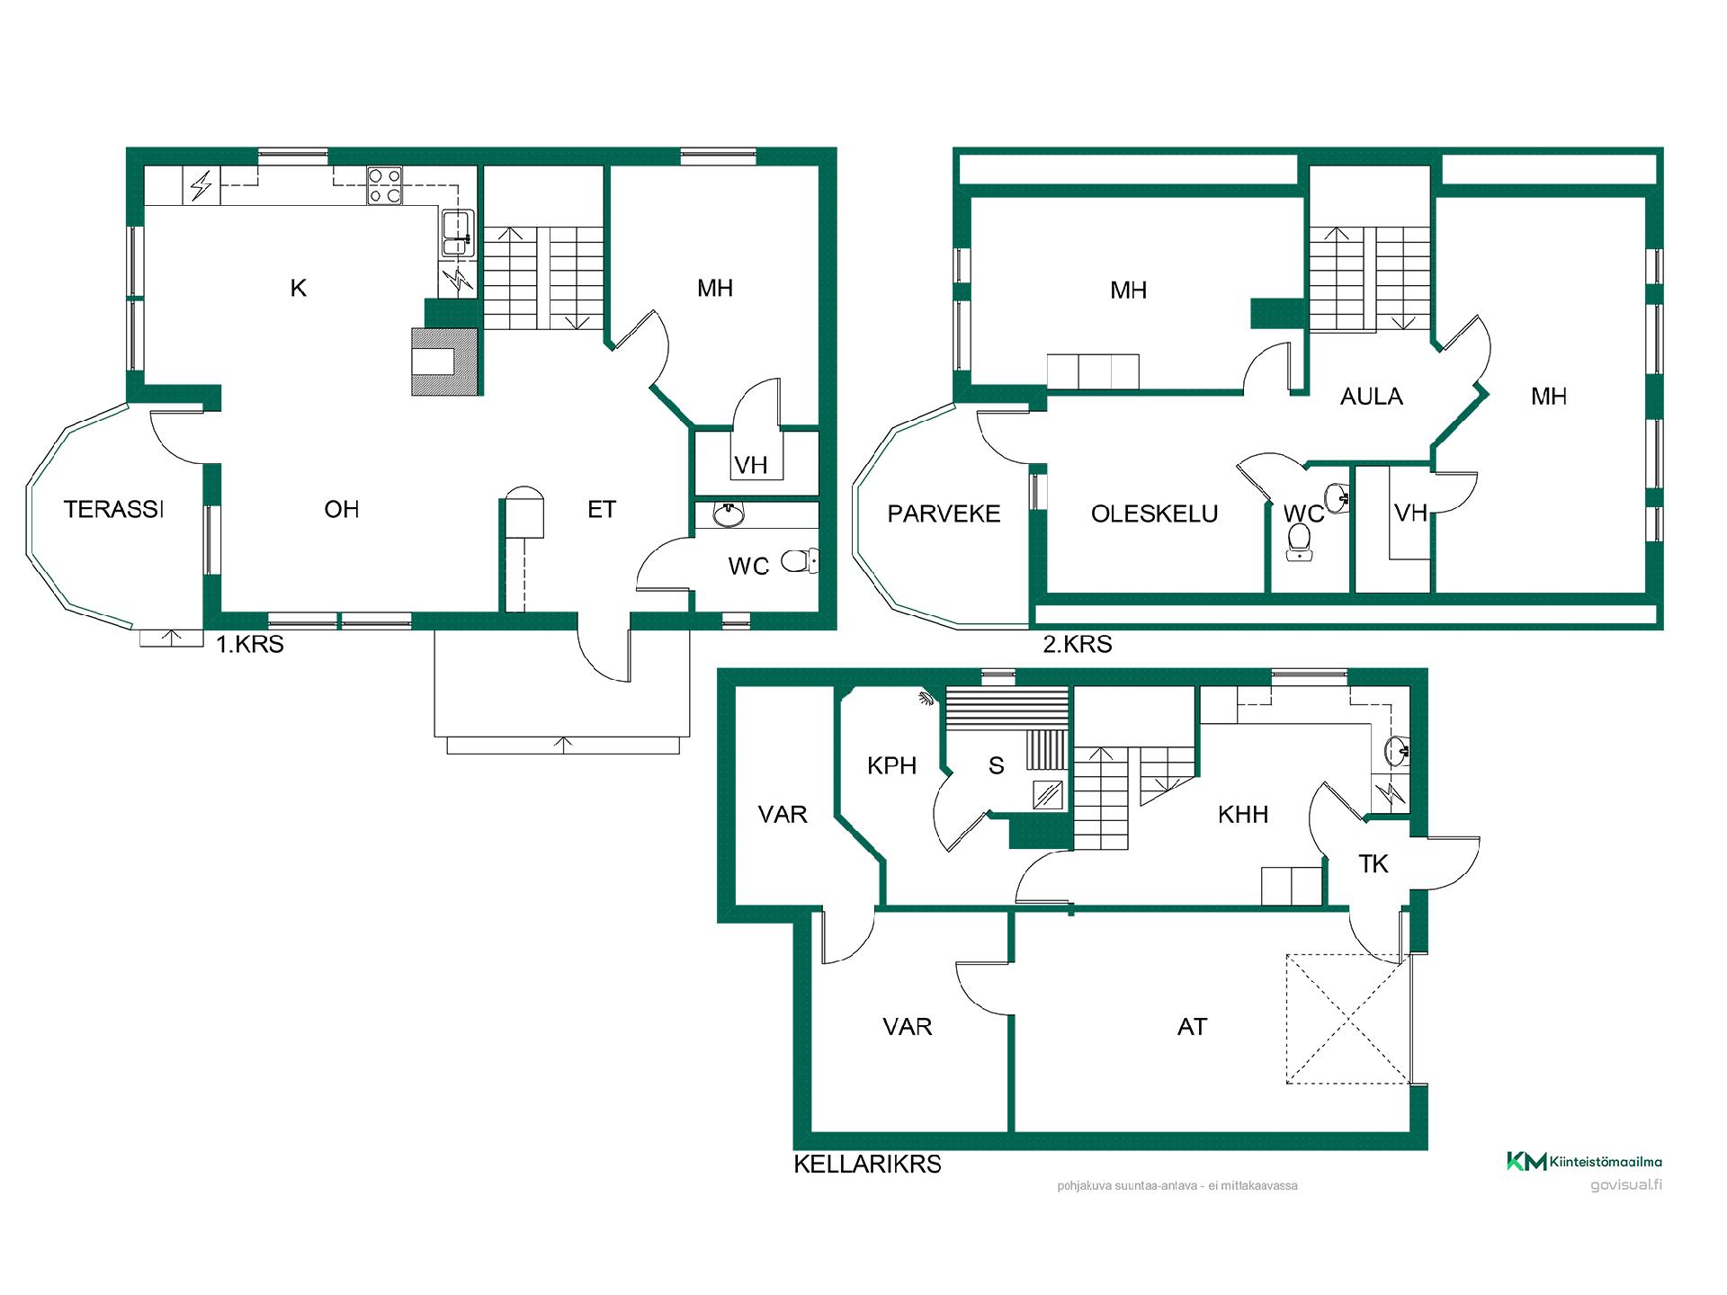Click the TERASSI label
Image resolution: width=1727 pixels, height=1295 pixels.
click(x=114, y=510)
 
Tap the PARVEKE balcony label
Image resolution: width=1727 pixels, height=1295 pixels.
click(x=944, y=514)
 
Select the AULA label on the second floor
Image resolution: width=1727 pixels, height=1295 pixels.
click(x=1371, y=397)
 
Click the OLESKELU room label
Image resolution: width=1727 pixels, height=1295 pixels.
click(x=1154, y=514)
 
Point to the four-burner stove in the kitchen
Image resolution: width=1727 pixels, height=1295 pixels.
click(x=384, y=187)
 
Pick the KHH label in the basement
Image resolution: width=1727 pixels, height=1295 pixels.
click(x=1242, y=815)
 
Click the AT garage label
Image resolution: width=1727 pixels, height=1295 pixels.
click(x=1192, y=1027)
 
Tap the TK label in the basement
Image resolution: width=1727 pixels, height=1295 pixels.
click(x=1374, y=864)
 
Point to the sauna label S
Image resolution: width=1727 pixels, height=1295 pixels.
click(x=996, y=766)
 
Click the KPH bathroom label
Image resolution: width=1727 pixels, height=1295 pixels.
click(x=891, y=766)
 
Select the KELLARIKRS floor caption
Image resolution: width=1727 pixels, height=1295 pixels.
click(x=867, y=1164)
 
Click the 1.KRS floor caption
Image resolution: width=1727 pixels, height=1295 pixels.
click(x=250, y=644)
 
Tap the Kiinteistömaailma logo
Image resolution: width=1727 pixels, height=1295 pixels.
click(x=1584, y=1161)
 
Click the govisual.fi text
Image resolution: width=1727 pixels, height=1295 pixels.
click(x=1625, y=1184)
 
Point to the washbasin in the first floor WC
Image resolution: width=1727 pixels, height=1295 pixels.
click(x=729, y=514)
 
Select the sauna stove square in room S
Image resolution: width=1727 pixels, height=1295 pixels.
click(x=1047, y=796)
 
